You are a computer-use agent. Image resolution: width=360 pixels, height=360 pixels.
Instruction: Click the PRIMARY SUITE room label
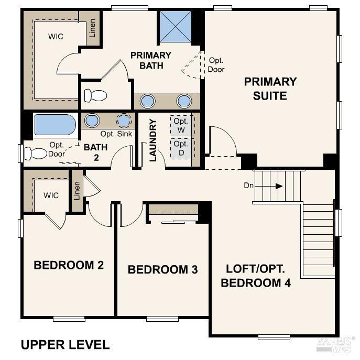click(x=270, y=89)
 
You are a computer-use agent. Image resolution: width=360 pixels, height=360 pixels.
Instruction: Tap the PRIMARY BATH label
click(x=150, y=60)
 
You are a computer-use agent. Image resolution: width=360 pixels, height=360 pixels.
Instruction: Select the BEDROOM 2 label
click(x=69, y=265)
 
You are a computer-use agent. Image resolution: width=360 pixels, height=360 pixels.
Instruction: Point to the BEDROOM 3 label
click(x=162, y=270)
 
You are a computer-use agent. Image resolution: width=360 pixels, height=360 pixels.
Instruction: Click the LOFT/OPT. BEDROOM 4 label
click(x=255, y=276)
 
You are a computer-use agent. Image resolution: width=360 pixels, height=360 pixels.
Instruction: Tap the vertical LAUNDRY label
click(x=153, y=140)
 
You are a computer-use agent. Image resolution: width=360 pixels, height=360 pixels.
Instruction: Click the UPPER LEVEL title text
click(x=65, y=345)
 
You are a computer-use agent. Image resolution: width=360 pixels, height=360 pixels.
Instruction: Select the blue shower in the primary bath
click(x=176, y=26)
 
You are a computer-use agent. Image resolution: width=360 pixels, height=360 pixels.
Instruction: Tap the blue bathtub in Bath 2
click(x=54, y=125)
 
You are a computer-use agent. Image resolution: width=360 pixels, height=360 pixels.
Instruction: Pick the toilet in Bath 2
click(x=37, y=154)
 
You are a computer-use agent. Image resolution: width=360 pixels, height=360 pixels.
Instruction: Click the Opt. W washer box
click(x=181, y=125)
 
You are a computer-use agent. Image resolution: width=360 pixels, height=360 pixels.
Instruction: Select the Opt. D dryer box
click(x=181, y=147)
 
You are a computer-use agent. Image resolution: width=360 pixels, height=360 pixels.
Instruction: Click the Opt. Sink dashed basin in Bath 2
click(x=124, y=121)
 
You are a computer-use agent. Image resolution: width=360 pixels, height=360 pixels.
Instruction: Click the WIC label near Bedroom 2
click(x=51, y=195)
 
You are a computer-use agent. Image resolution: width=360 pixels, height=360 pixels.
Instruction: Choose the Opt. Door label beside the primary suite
click(x=216, y=65)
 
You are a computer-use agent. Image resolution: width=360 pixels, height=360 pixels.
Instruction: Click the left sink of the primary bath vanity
click(x=148, y=101)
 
